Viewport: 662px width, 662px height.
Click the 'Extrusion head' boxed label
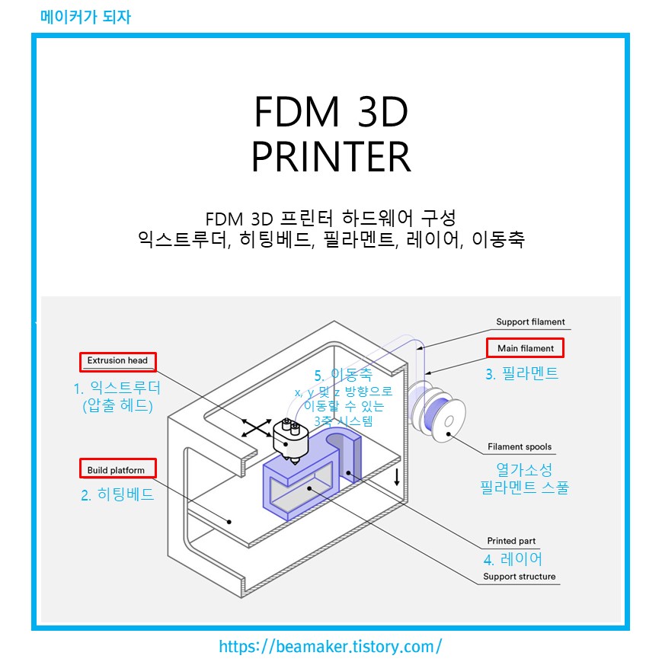[x=117, y=360]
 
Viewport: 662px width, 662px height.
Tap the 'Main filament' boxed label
[x=526, y=348]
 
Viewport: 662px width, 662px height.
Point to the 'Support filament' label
[x=530, y=321]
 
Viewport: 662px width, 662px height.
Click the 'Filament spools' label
[x=520, y=447]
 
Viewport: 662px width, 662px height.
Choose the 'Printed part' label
[x=511, y=541]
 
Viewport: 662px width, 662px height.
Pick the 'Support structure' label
[x=519, y=577]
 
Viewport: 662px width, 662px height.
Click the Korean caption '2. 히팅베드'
[x=117, y=494]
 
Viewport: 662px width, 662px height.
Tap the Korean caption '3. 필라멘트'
[x=522, y=373]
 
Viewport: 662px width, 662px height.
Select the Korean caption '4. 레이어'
[x=512, y=559]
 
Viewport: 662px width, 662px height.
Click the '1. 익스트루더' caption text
[x=117, y=388]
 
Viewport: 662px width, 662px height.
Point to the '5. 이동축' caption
[x=344, y=375]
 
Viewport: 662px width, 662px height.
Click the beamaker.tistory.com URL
[x=331, y=647]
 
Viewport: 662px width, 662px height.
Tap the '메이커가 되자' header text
[x=85, y=16]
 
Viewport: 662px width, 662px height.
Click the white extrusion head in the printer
[x=290, y=438]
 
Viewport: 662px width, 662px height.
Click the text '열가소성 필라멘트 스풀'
[x=524, y=478]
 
